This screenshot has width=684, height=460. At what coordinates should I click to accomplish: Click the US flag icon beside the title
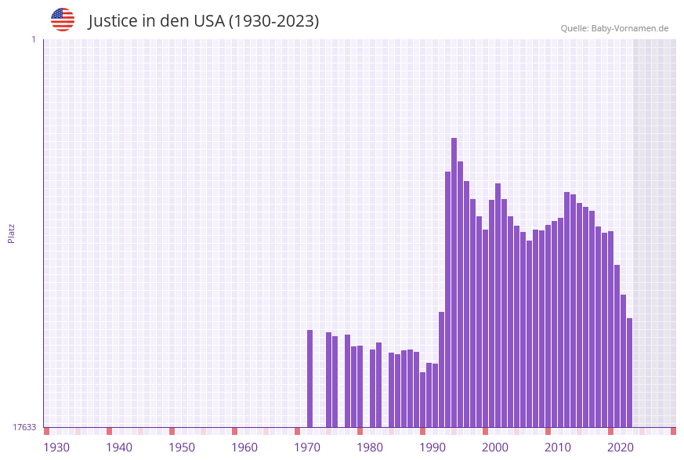63,20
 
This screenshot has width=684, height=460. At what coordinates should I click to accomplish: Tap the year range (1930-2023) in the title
273,21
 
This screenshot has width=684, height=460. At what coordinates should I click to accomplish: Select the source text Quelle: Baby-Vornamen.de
614,29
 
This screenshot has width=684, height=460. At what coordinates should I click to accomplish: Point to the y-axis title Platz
12,234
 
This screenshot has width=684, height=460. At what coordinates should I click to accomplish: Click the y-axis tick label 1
33,39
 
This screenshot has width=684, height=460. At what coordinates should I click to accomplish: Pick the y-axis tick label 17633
24,427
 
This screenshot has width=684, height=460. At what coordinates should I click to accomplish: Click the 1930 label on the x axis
56,447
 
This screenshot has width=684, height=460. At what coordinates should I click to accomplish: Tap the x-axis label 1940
119,447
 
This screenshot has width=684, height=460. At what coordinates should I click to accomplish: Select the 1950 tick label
182,447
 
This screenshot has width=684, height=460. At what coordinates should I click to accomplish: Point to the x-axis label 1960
244,447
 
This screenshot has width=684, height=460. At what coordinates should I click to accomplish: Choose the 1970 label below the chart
307,447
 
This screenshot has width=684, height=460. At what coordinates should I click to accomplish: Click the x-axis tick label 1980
370,447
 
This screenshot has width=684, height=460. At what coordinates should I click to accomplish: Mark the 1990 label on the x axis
432,447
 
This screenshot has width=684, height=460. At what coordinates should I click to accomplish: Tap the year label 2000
495,447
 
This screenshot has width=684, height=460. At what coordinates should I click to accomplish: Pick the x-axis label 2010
558,447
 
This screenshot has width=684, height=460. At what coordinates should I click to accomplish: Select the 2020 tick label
621,447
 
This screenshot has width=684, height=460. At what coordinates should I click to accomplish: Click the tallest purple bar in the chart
454,282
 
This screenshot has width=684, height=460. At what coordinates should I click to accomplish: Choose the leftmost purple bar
309,379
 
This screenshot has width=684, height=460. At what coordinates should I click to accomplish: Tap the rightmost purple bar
629,372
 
